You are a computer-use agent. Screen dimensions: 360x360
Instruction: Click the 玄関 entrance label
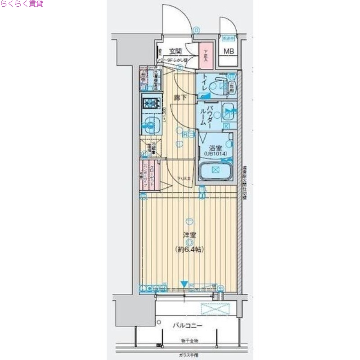(175, 51)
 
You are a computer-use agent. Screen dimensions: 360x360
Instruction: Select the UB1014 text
(215, 153)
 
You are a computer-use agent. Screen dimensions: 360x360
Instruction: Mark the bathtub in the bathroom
(215, 171)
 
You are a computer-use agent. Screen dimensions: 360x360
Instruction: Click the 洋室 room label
(189, 235)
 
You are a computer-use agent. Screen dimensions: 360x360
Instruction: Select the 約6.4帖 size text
(189, 249)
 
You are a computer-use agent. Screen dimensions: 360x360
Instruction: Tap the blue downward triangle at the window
(184, 284)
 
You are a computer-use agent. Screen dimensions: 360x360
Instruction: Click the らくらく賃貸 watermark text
(22, 4)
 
